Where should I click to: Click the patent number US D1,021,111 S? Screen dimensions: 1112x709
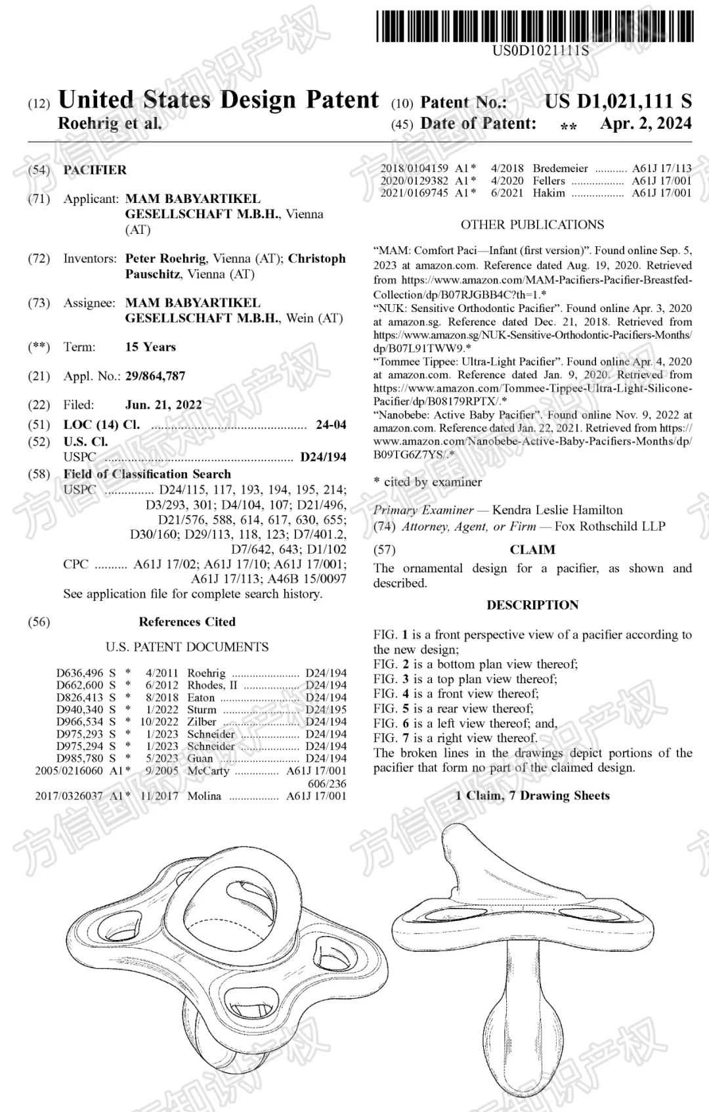coord(618,102)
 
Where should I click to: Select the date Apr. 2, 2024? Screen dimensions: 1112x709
coord(645,123)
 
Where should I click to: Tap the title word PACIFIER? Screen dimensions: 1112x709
coord(95,169)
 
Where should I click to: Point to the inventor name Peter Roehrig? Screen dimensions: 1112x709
coord(165,258)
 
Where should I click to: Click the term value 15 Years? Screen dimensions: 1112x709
coord(150,347)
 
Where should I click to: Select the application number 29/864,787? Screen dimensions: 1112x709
coord(155,376)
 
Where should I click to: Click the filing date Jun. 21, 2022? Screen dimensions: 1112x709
coord(163,405)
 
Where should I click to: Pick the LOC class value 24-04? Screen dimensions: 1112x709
coord(330,424)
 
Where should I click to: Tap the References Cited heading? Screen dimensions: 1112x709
coord(187,621)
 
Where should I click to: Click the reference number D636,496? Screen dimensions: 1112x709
coord(79,673)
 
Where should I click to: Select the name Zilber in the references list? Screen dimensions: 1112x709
coord(202,721)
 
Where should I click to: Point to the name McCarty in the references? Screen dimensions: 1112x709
coord(208,770)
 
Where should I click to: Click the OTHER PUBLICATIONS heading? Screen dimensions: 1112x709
coord(532,225)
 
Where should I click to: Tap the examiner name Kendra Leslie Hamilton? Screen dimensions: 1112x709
coord(557,510)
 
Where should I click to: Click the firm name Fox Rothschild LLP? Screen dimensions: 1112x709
coord(610,526)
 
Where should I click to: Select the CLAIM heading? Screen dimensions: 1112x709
coord(532,550)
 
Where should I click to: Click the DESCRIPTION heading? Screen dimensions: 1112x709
coord(532,605)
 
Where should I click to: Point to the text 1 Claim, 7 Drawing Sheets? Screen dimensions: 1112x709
coord(532,795)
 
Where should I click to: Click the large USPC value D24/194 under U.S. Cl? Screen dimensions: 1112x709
coord(323,456)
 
